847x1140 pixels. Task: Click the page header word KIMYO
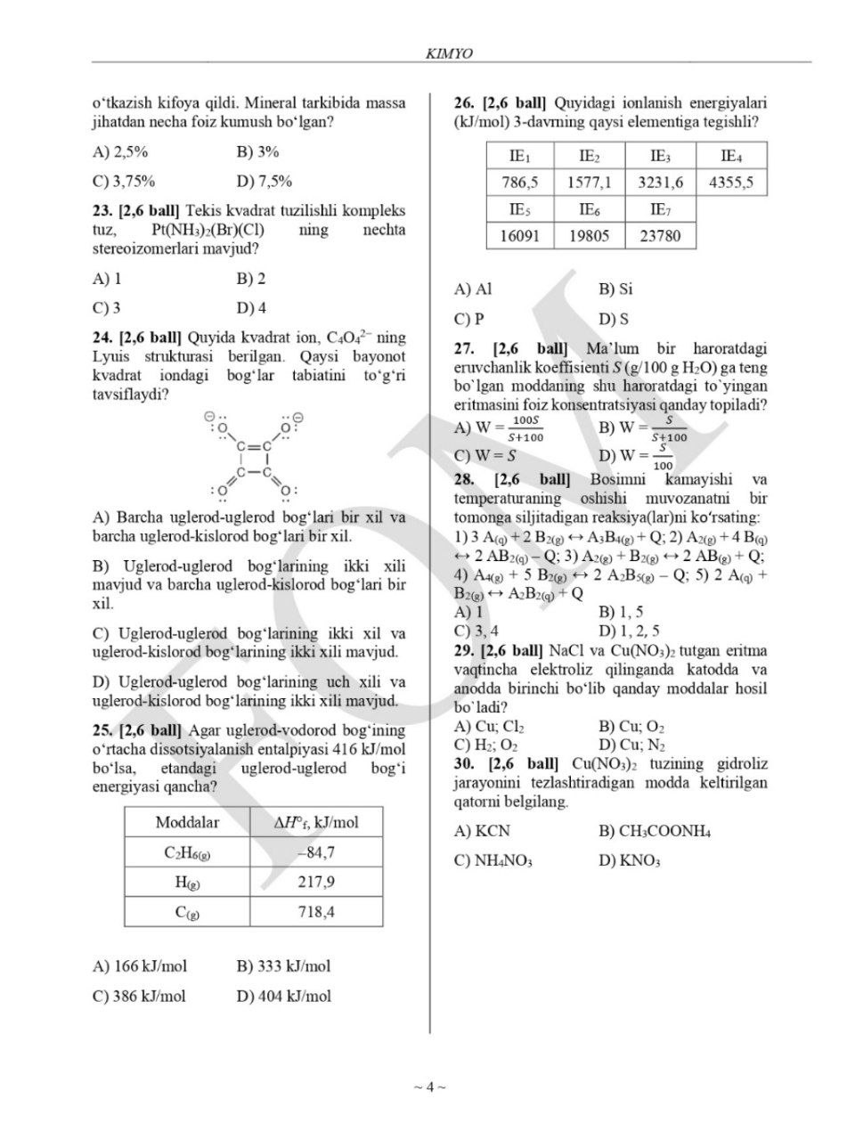tap(450, 53)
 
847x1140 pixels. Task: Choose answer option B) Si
tap(615, 289)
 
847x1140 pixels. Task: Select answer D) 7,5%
tap(265, 181)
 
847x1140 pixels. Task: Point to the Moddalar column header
tap(187, 822)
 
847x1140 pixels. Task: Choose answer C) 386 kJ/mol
tap(140, 996)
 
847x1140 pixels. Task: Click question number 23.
tap(103, 211)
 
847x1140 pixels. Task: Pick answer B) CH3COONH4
tap(655, 831)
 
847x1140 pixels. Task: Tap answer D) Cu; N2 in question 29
tap(632, 745)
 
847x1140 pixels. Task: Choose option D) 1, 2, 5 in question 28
tap(629, 631)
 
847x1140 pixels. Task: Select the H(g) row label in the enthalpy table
tap(187, 882)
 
